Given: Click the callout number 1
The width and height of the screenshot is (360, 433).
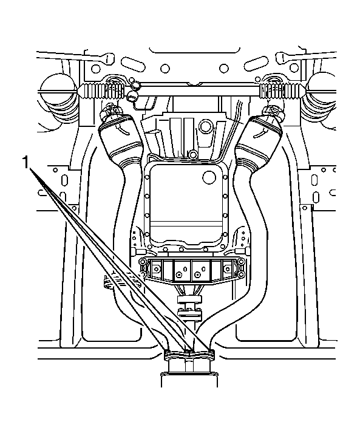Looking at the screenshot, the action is click(26, 162).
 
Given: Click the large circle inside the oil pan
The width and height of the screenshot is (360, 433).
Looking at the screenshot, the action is click(209, 177).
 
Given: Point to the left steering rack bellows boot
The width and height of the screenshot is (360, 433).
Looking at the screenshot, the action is click(100, 90).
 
